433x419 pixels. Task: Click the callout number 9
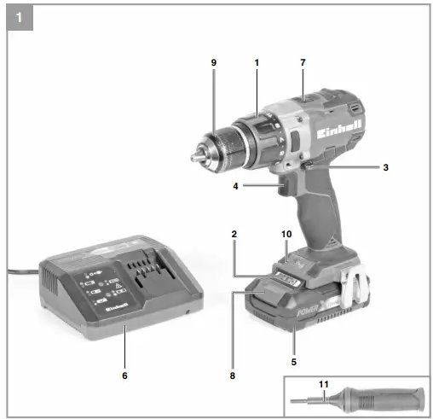click(x=215, y=62)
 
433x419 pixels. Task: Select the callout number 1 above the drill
click(x=256, y=62)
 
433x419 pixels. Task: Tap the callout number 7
click(x=303, y=62)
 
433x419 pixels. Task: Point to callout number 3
click(x=385, y=167)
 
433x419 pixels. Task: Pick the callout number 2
click(x=233, y=232)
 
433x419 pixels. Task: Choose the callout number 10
click(x=286, y=232)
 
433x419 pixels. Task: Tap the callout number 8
click(x=230, y=374)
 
